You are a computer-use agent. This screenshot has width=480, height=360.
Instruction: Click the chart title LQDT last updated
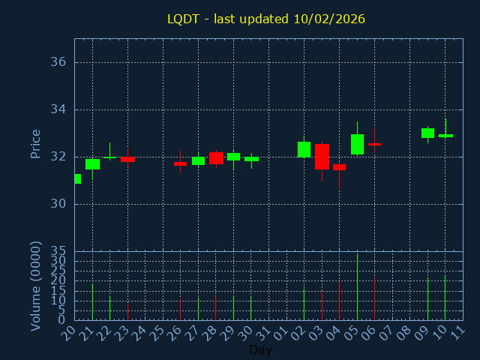[x=266, y=19]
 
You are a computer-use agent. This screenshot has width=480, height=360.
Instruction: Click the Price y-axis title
[x=35, y=143]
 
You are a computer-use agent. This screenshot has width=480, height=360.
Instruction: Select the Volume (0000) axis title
[x=35, y=286]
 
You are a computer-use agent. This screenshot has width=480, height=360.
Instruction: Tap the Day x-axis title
[x=260, y=349]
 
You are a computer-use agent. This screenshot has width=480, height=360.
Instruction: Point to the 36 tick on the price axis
[x=58, y=62]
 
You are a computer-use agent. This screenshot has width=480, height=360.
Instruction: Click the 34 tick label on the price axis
[x=58, y=109]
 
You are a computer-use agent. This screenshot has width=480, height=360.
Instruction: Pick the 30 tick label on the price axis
[x=58, y=204]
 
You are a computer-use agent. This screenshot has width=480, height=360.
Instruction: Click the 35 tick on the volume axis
[x=58, y=250]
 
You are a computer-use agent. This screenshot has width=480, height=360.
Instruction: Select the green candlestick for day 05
[x=357, y=144]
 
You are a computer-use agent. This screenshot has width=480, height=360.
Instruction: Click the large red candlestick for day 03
[x=322, y=156]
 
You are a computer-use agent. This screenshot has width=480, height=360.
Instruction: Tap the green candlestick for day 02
[x=304, y=149]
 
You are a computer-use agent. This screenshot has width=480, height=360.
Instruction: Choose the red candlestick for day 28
[x=216, y=157]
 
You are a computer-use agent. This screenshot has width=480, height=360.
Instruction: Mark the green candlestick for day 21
[x=92, y=163]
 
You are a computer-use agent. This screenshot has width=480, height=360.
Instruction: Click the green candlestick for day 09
[x=427, y=133]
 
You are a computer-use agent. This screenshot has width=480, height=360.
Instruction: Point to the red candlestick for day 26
[x=180, y=163]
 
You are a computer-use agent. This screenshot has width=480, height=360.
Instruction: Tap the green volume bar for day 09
[x=427, y=300]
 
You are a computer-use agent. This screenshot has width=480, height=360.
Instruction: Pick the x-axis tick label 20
[x=69, y=332]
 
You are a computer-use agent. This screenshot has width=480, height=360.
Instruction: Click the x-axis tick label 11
[x=457, y=332]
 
